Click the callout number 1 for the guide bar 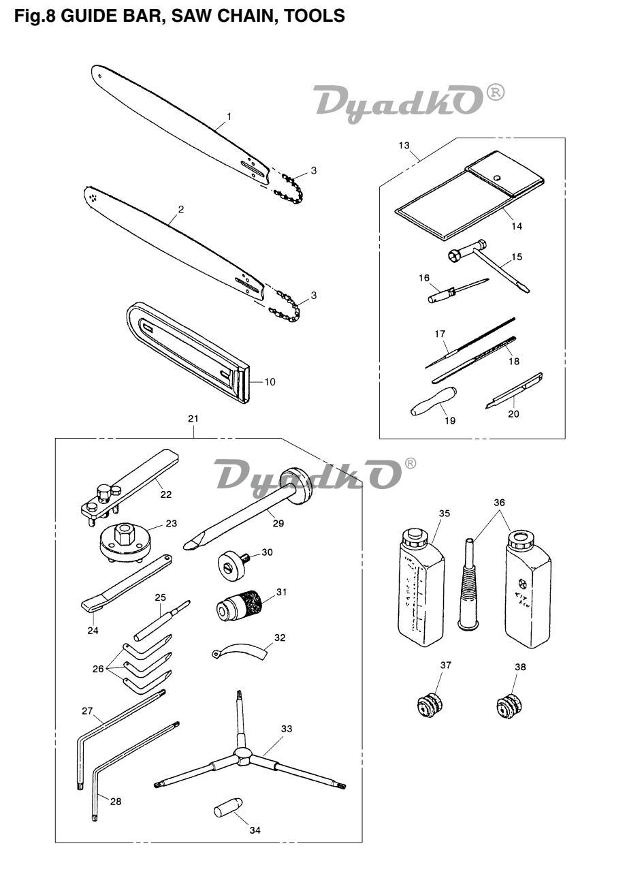(229, 116)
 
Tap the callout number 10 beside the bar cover (270, 381)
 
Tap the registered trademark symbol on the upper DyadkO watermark (496, 93)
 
